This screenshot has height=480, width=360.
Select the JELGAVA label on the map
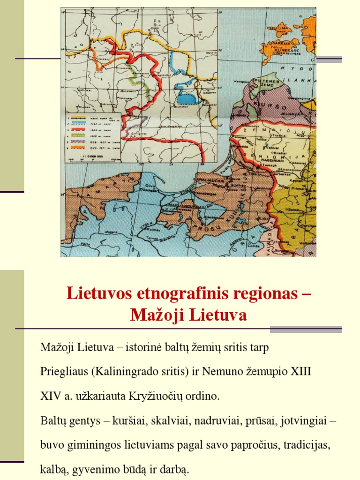(x=290, y=112)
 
